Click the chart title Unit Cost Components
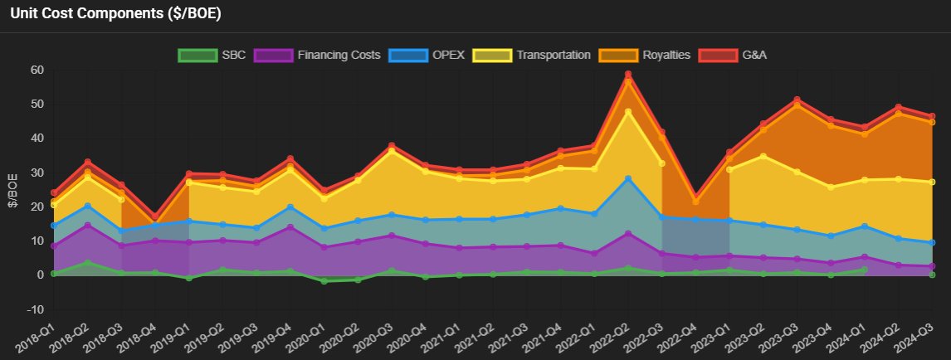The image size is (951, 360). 115,14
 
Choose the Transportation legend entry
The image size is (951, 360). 531,56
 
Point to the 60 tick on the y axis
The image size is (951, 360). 37,70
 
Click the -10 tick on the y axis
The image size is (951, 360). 34,309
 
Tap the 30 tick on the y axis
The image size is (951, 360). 37,173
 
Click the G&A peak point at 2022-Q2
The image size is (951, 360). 628,74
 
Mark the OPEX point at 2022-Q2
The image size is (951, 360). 628,178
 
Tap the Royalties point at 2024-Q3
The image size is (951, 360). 931,122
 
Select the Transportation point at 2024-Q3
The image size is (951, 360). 931,182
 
